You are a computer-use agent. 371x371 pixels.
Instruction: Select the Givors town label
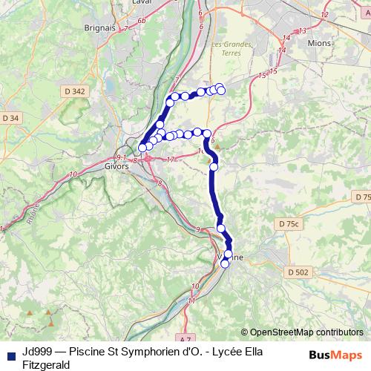pos(116,166)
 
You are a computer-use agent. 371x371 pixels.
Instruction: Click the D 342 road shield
pos(76,91)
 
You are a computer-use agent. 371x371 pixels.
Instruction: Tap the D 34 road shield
pos(10,118)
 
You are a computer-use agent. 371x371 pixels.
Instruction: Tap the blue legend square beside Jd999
pos(10,353)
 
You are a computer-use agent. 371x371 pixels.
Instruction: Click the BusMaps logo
pos(336,355)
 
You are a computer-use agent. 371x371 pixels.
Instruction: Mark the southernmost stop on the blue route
pos(226,263)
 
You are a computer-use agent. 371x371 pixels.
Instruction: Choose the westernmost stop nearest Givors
pos(142,148)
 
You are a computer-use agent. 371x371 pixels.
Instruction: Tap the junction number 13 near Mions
pos(301,30)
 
